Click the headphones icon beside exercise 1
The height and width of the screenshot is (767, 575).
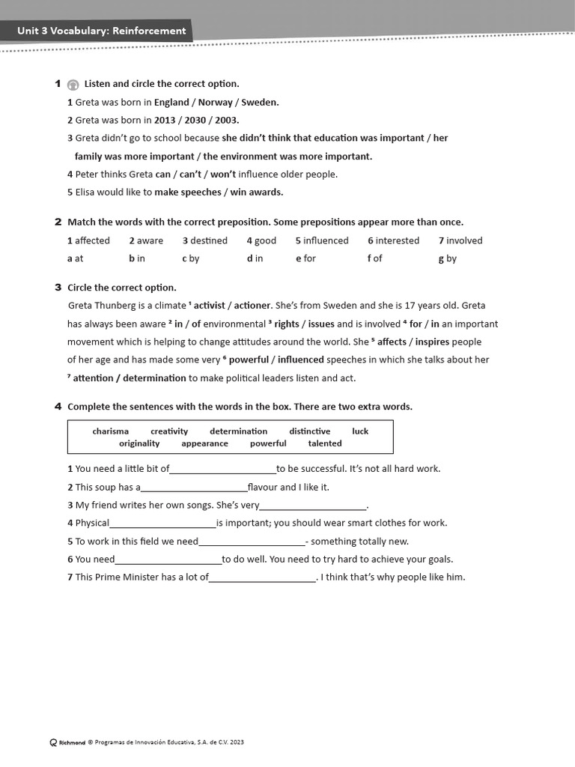pos(73,85)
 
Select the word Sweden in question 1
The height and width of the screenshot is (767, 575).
pos(260,103)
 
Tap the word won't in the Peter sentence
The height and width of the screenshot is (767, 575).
pos(223,175)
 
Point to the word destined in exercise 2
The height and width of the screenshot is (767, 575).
pos(208,240)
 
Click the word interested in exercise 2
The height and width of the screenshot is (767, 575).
pos(397,240)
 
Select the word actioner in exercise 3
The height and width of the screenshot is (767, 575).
pos(253,306)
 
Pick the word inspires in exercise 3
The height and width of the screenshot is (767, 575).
pos(433,342)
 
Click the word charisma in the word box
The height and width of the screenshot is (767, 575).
pos(111,431)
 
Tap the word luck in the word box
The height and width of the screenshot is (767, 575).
pos(360,431)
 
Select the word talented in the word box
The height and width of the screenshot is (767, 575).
pos(325,443)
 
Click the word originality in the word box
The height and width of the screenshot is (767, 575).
pos(139,443)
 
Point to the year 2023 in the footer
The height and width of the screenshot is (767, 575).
pos(237,742)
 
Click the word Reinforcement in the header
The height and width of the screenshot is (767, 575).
pos(149,31)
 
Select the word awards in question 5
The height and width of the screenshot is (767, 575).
pos(267,192)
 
